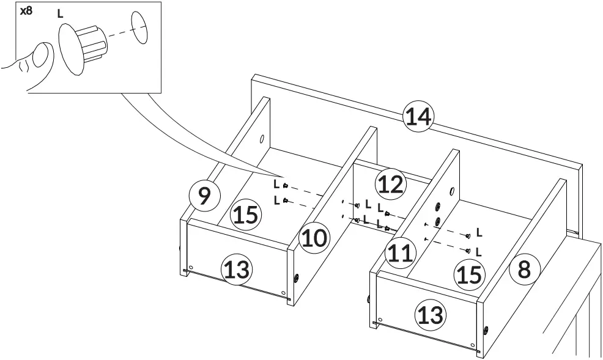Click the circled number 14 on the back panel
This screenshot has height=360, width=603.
418,117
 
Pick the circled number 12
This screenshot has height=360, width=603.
390,183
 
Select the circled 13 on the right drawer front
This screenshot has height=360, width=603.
431,315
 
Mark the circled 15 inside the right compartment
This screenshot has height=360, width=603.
468,274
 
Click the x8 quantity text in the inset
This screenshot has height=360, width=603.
27,10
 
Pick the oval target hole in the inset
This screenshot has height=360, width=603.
140,28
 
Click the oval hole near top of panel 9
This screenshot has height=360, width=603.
262,139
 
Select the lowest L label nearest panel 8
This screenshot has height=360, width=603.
479,251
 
